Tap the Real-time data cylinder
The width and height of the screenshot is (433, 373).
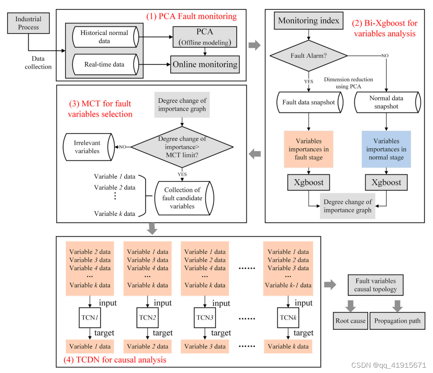(105, 64)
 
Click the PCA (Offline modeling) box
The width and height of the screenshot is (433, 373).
(205, 37)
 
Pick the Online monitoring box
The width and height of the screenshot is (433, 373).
(205, 64)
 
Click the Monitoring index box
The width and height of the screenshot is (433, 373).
(309, 21)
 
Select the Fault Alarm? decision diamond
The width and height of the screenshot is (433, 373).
(309, 56)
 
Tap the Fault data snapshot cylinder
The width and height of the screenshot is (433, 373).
(308, 102)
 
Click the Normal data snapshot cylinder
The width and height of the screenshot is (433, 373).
(385, 102)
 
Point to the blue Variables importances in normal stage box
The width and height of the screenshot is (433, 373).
(386, 149)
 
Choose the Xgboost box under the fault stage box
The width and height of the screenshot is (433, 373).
(309, 182)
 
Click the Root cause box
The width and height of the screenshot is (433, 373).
(350, 321)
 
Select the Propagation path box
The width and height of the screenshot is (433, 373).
(397, 321)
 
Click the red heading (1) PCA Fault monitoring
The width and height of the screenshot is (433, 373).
(192, 17)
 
